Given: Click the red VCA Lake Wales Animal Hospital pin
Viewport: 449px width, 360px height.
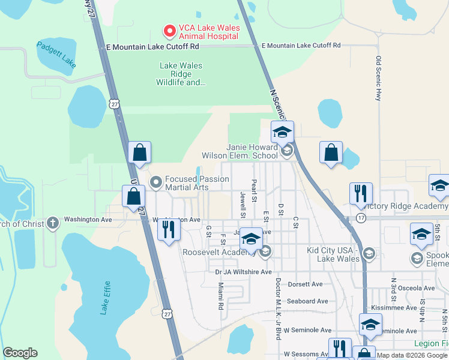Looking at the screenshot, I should (x=170, y=30).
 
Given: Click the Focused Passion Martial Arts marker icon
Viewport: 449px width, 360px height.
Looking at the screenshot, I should (x=156, y=180).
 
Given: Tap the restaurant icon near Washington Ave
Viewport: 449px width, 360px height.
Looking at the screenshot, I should (x=169, y=229).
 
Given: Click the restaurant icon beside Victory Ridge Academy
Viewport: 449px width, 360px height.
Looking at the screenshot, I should (x=361, y=193).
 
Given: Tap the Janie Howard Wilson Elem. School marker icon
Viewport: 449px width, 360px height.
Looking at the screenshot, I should (x=287, y=150).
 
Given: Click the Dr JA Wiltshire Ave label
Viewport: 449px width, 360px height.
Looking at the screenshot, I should (x=244, y=272).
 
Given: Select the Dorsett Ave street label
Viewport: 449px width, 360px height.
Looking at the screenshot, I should (x=305, y=284).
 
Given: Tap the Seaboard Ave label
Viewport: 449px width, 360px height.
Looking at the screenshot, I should (x=307, y=301).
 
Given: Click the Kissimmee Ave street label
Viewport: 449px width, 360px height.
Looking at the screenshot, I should (x=394, y=307).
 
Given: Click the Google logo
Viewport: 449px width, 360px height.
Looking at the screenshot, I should (x=20, y=353).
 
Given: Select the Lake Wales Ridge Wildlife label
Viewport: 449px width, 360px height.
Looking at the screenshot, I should (x=181, y=74).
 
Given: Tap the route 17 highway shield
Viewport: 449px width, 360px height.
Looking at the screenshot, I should (x=360, y=218).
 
